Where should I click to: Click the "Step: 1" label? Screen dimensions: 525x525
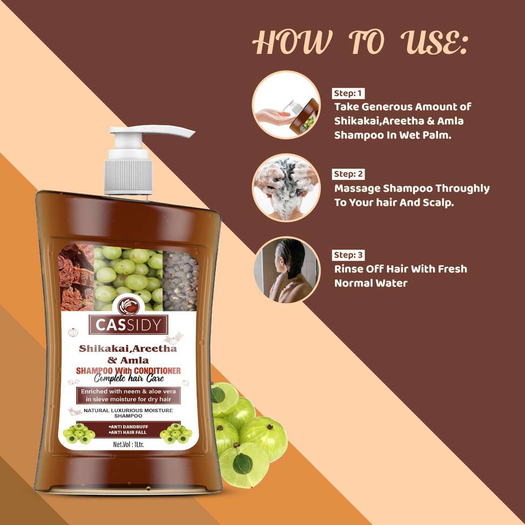coord(348,93)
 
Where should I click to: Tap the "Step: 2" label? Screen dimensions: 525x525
coord(348,174)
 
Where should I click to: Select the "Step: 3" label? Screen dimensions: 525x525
coord(348,255)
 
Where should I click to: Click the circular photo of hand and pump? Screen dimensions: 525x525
coord(286,105)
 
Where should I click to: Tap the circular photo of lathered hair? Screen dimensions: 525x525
coord(286,188)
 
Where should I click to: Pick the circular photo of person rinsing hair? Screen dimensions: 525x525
coord(286,270)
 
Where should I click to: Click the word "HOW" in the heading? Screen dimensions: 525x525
coord(292,42)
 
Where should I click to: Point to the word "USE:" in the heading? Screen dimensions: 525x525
coord(434,42)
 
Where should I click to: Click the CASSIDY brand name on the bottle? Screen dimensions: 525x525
coord(128,325)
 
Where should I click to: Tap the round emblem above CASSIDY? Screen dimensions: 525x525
coord(129,306)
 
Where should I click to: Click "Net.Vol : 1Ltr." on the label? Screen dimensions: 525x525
coord(128,445)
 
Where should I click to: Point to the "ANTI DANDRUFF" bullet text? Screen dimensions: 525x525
coord(128,427)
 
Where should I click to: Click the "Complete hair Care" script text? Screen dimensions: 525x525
coord(129,379)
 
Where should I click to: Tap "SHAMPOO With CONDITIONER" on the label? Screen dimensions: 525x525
coord(128,371)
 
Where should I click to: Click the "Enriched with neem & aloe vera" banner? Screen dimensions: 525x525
coord(128,391)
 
